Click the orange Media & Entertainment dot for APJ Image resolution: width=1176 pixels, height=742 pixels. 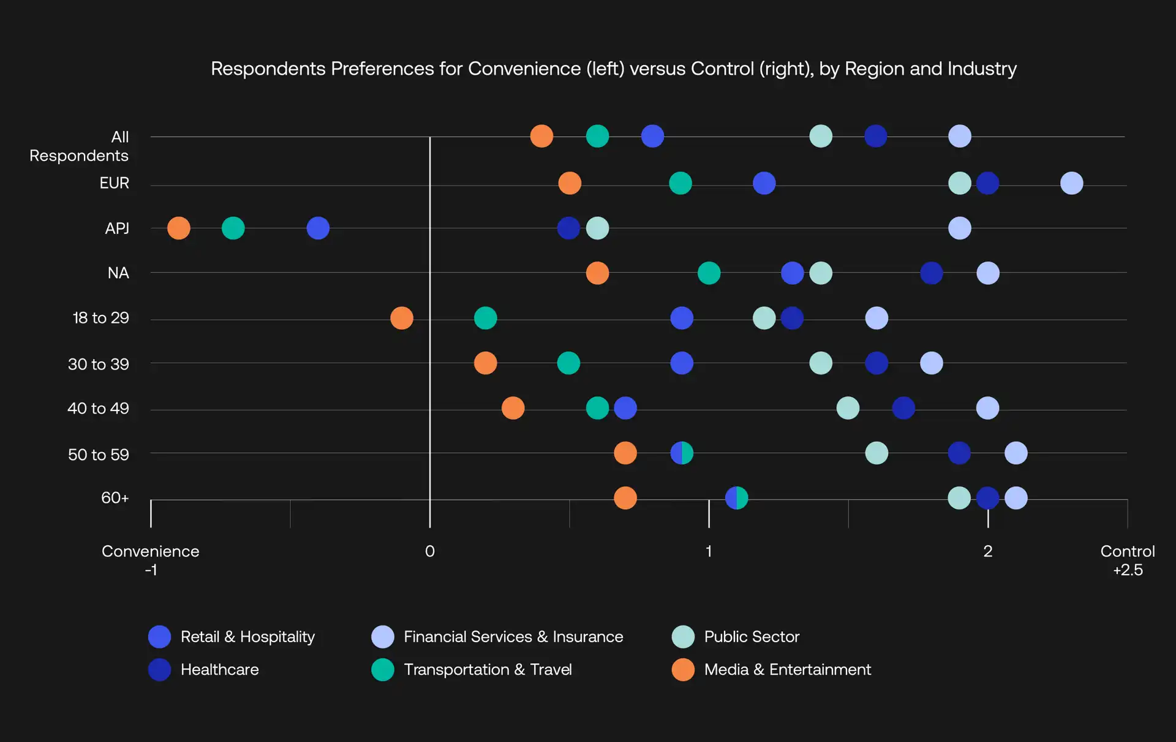point(179,228)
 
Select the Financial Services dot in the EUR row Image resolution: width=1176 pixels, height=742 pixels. point(1071,183)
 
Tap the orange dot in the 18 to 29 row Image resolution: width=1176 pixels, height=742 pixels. point(402,318)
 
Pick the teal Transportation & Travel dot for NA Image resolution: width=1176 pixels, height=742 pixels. point(709,273)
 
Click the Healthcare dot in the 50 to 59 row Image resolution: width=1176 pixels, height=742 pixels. point(959,453)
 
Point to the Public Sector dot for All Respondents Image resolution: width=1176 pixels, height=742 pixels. point(821,136)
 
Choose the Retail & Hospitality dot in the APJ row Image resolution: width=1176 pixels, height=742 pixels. point(318,228)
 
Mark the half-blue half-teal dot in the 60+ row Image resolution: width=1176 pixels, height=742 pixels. point(736,498)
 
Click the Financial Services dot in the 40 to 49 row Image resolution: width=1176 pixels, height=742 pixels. point(987,408)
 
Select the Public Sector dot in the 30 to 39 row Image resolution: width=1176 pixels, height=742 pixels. point(821,363)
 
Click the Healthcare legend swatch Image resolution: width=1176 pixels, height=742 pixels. point(160,670)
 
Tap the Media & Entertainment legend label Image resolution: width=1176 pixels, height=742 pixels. point(787,670)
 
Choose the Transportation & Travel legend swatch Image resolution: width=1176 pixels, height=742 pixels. point(383,670)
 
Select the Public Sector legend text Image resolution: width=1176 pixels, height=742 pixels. point(752,637)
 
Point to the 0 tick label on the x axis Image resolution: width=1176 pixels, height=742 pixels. point(430,551)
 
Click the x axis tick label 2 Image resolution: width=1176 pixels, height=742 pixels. point(987,551)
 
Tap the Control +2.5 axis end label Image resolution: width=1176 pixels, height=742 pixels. point(1128,560)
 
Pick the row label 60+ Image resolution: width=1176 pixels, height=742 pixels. point(115,498)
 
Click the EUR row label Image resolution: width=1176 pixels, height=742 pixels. point(115,183)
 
